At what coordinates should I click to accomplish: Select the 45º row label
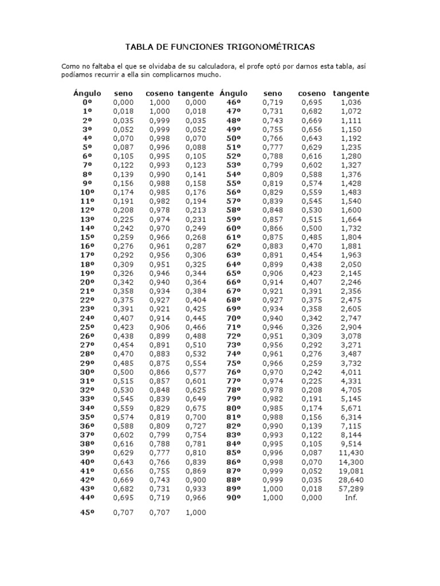(x=87, y=513)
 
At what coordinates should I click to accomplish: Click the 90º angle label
(x=233, y=498)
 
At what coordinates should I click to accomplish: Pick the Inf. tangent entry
(x=351, y=498)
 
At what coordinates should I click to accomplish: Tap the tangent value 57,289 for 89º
(x=351, y=489)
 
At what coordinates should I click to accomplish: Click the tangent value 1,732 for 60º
(x=351, y=228)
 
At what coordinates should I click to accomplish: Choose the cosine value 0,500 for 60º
(x=312, y=228)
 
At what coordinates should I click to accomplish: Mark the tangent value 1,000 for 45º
(x=195, y=513)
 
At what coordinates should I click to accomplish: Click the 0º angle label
(x=87, y=102)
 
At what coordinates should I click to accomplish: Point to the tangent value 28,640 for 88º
(x=351, y=480)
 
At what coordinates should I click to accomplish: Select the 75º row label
(x=233, y=363)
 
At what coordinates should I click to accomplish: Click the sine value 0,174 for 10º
(x=123, y=192)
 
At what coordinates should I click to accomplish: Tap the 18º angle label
(x=87, y=264)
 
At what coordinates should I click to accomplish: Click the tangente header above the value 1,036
(x=351, y=93)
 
